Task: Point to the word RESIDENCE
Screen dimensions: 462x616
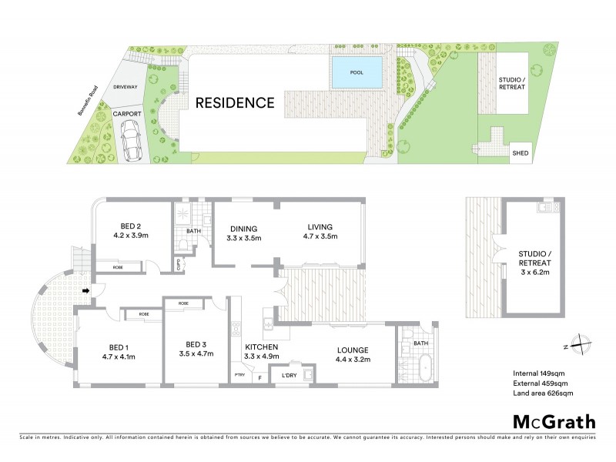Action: point(234,102)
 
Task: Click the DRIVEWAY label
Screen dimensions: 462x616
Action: point(126,88)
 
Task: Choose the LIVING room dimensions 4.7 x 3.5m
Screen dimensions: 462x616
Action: point(319,238)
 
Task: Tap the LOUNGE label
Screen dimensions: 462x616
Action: point(350,347)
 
